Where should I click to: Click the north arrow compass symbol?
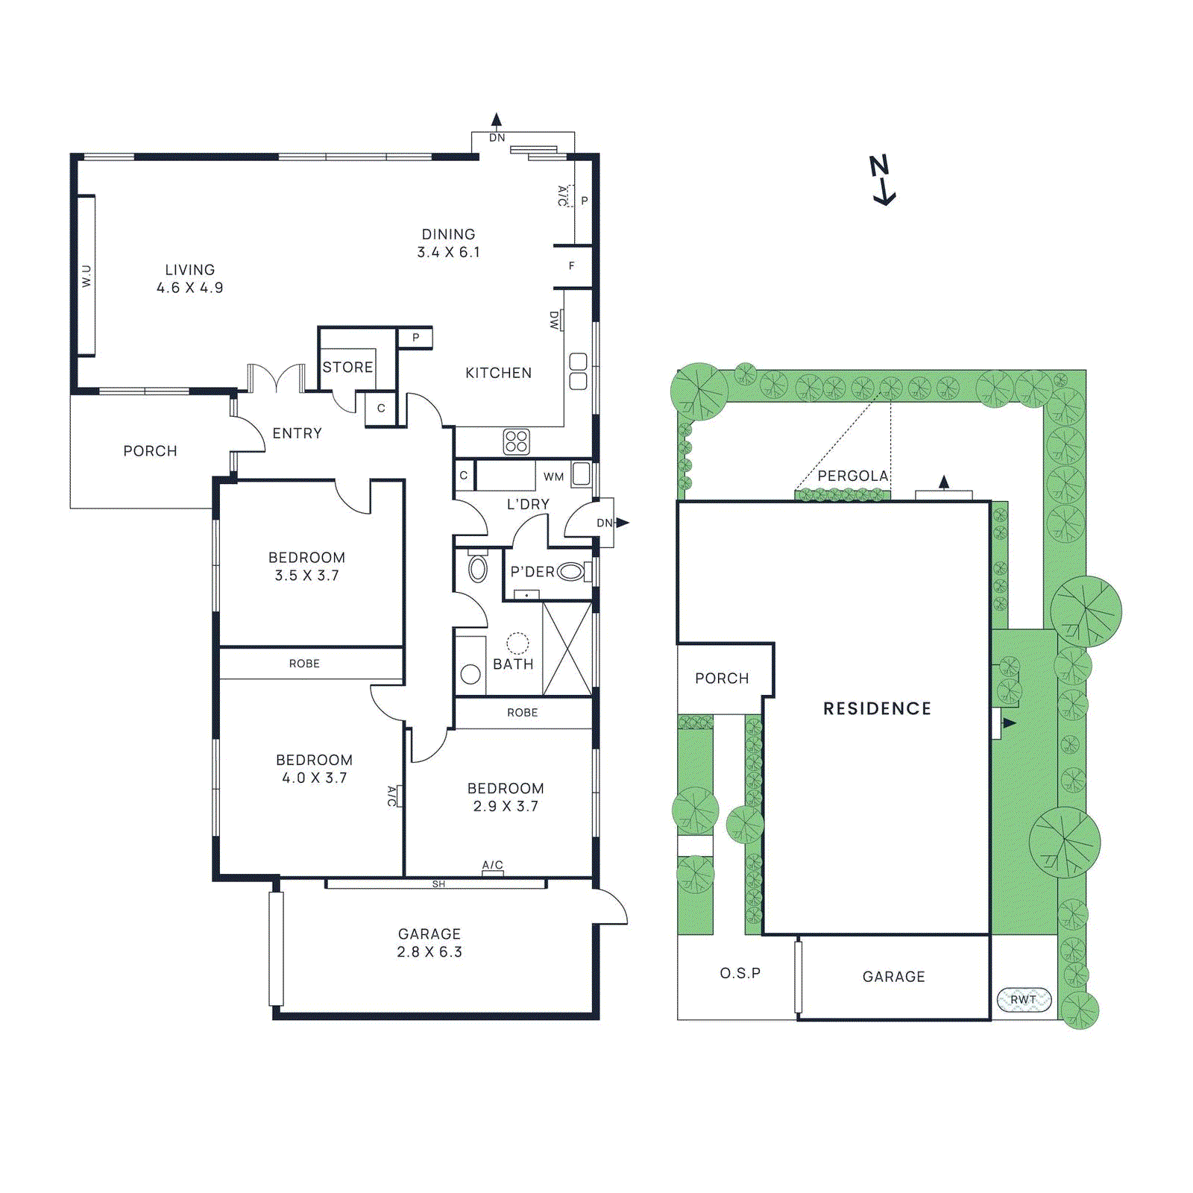pyautogui.click(x=883, y=180)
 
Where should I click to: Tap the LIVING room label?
pyautogui.click(x=190, y=278)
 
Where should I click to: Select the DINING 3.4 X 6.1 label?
pyautogui.click(x=448, y=243)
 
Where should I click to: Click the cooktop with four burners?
pyautogui.click(x=516, y=441)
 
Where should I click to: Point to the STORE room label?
pyautogui.click(x=347, y=367)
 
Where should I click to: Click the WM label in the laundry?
pyautogui.click(x=553, y=476)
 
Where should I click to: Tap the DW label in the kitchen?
pyautogui.click(x=554, y=321)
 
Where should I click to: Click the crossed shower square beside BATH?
pyautogui.click(x=567, y=649)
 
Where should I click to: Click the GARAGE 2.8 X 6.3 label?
pyautogui.click(x=429, y=942)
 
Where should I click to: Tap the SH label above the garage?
pyautogui.click(x=438, y=884)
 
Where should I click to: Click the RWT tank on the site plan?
pyautogui.click(x=1024, y=999)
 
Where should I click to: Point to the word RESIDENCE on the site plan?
pyautogui.click(x=877, y=708)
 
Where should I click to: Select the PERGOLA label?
pyautogui.click(x=852, y=476)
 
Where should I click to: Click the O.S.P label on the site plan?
pyautogui.click(x=740, y=973)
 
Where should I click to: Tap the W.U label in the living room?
pyautogui.click(x=86, y=276)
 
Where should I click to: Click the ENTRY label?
pyautogui.click(x=297, y=433)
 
